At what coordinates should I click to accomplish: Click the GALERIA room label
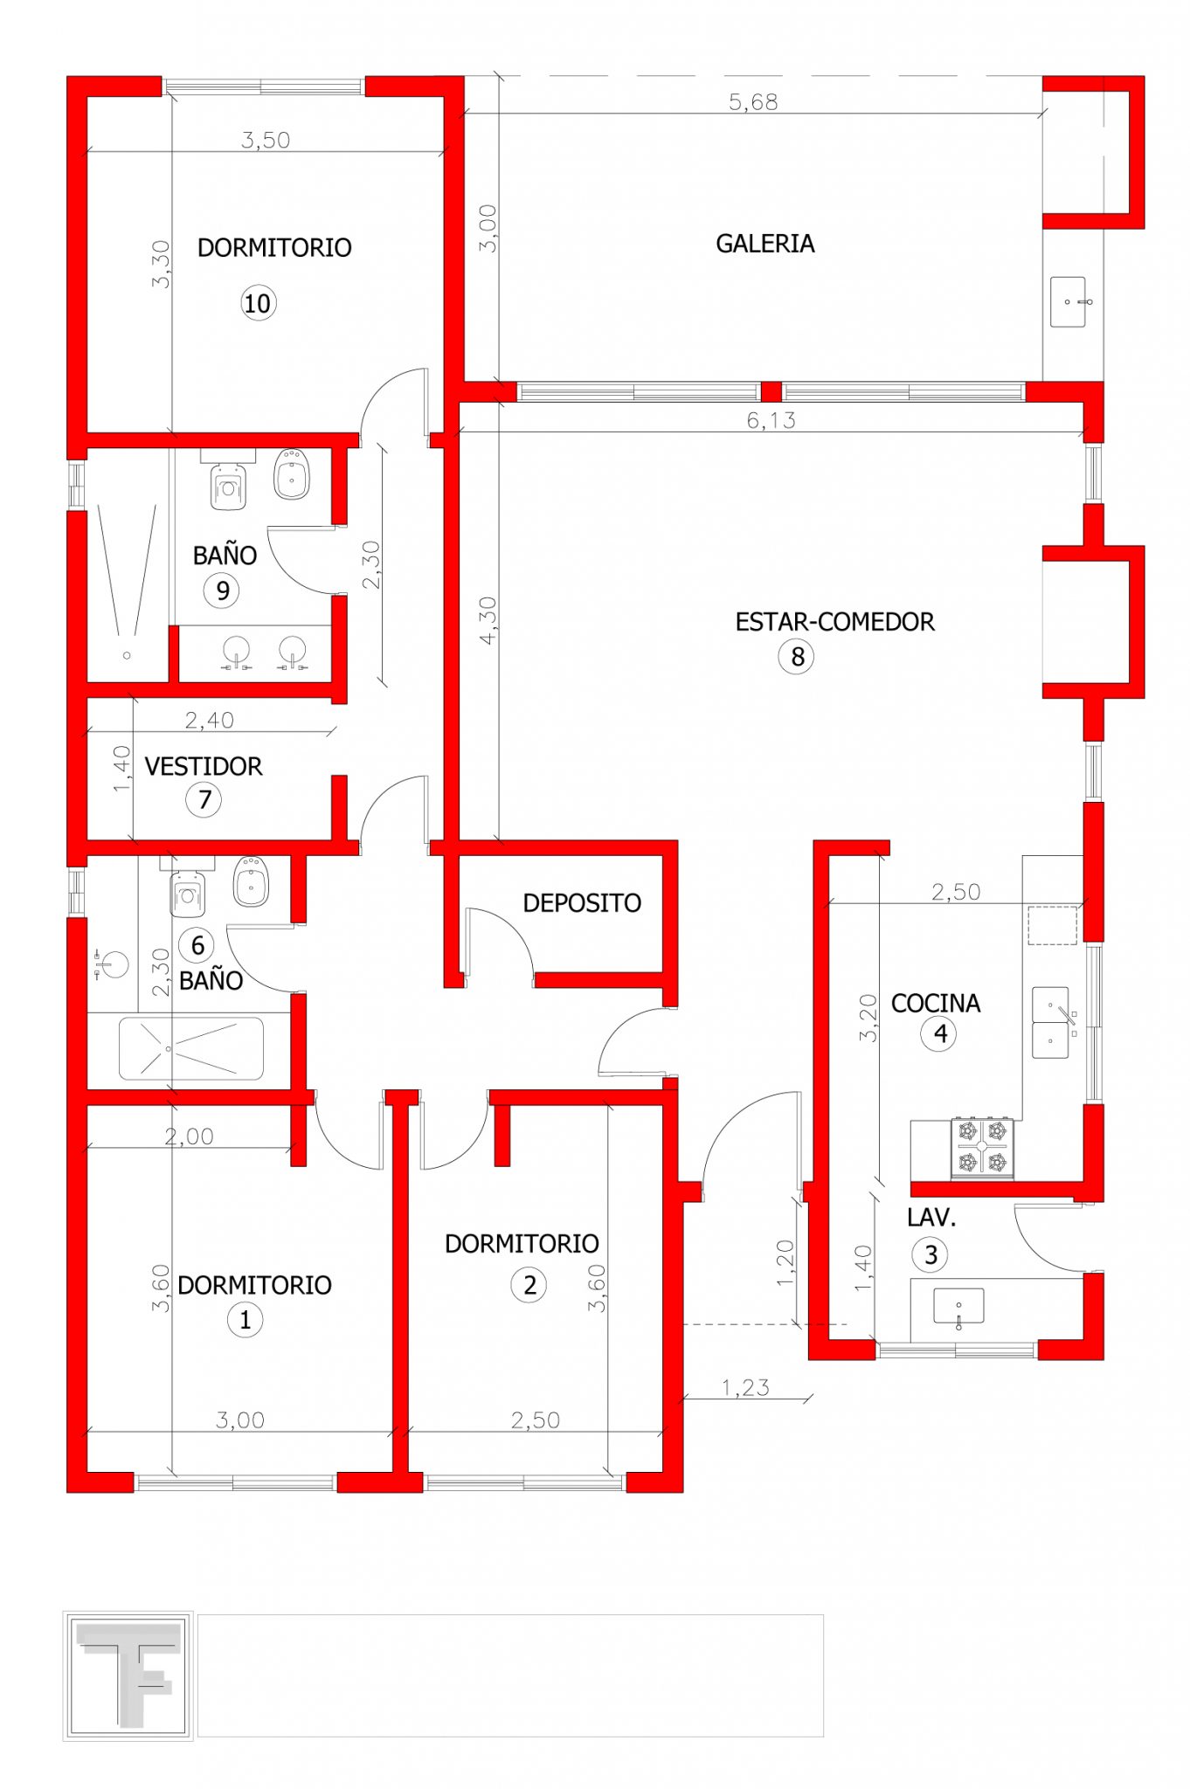[765, 244]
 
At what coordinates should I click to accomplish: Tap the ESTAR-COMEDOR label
[834, 622]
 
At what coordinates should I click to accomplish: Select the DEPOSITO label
[582, 903]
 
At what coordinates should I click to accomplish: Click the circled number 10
[258, 303]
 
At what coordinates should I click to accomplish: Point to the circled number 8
[796, 656]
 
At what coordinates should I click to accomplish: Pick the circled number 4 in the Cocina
[938, 1034]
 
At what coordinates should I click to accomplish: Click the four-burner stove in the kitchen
[982, 1147]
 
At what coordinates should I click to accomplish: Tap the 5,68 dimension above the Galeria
[753, 102]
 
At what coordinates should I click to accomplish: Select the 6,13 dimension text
[771, 420]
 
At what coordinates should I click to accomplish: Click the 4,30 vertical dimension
[488, 620]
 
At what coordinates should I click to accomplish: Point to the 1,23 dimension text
[745, 1387]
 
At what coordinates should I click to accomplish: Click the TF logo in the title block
[128, 1675]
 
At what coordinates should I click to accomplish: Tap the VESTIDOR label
[204, 767]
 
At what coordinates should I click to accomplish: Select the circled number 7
[204, 799]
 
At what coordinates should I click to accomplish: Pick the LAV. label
[931, 1218]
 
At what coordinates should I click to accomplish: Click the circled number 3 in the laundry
[931, 1255]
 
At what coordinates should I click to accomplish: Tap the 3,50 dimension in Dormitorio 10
[266, 140]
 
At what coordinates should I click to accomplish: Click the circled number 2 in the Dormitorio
[529, 1285]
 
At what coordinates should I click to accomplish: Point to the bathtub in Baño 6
[190, 1048]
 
